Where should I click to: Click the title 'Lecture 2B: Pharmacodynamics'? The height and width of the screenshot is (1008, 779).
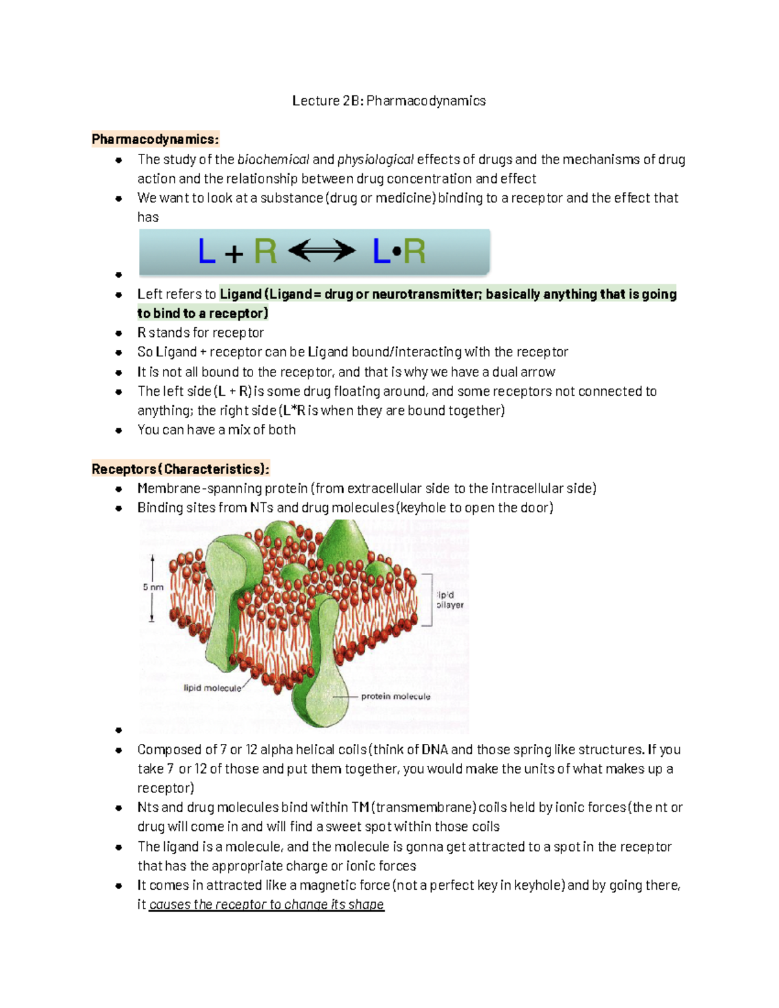(x=389, y=101)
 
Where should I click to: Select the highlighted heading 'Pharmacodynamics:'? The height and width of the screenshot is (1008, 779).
(x=155, y=139)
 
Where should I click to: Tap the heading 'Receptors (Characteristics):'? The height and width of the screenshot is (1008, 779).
(x=180, y=469)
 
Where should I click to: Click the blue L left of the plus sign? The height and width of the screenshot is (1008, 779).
(x=206, y=252)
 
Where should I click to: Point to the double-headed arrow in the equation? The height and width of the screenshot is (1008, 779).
(x=322, y=251)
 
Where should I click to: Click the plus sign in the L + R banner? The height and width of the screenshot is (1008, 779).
(x=234, y=253)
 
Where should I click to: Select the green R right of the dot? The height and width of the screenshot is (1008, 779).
(x=414, y=252)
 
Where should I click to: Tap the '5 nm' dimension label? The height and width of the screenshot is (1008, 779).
(x=153, y=587)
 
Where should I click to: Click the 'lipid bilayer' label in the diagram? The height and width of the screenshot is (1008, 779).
(x=449, y=600)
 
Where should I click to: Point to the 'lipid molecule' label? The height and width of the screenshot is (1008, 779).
(x=212, y=688)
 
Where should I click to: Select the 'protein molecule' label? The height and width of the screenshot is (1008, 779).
(x=395, y=696)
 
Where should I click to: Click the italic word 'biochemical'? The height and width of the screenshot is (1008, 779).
(x=273, y=159)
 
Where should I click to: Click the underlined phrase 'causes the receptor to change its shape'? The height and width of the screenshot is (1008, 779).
(x=266, y=904)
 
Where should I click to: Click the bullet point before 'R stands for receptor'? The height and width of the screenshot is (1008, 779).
(x=119, y=333)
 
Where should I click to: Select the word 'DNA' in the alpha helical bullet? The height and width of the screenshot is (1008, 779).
(x=434, y=750)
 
